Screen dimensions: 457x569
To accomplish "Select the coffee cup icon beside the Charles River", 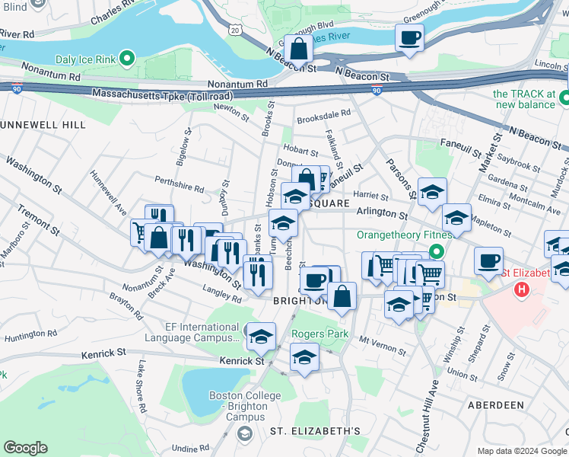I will point(409,38).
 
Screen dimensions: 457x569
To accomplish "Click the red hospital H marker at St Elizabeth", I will point(522,289).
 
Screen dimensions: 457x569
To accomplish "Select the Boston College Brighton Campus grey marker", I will point(243,433).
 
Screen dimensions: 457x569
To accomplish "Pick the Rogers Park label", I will point(316,333).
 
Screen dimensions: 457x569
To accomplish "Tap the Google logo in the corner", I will point(25,448).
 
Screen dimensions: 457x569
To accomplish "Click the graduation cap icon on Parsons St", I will point(431,192).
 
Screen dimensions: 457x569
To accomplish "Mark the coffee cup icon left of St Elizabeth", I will point(488,261).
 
